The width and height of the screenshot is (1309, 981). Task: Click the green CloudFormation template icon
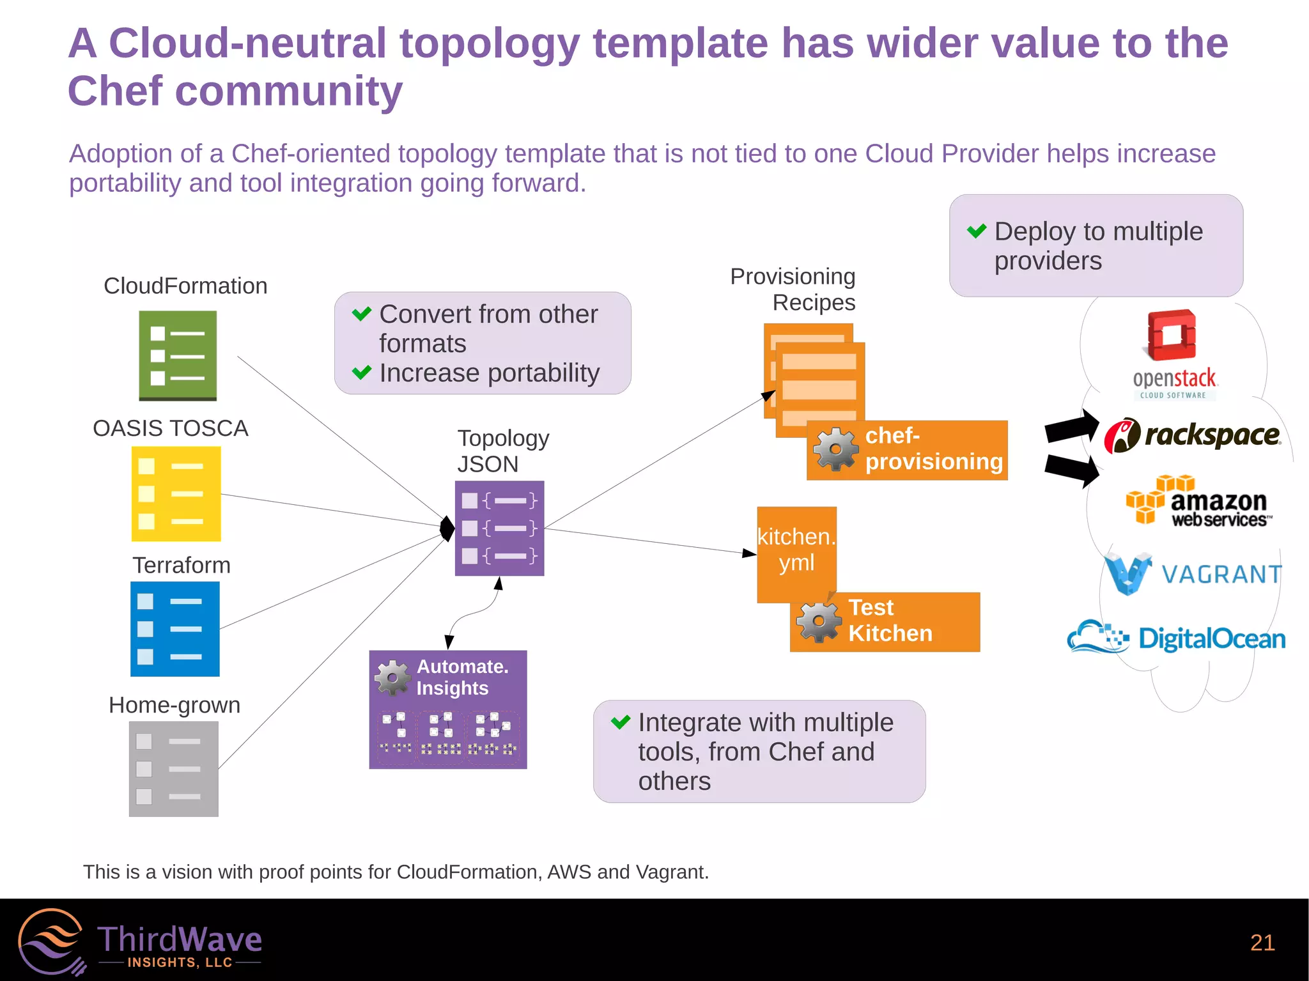(x=178, y=355)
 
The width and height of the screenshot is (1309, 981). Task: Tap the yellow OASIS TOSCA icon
(x=176, y=493)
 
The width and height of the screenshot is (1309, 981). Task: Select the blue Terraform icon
(x=174, y=629)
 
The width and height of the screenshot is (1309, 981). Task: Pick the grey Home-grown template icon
(x=173, y=769)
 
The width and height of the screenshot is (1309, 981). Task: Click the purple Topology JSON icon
(x=499, y=528)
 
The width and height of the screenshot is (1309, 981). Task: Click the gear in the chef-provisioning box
(x=835, y=449)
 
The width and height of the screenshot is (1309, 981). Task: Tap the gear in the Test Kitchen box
(x=818, y=621)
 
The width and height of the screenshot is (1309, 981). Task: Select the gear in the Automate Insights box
(x=392, y=677)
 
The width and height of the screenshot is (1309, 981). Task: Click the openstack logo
(x=1173, y=355)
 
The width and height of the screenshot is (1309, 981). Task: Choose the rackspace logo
(x=1192, y=435)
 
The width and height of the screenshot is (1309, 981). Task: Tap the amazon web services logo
(x=1198, y=501)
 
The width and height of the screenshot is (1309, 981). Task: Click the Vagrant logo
(x=1193, y=573)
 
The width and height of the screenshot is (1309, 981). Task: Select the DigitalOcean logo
(x=1176, y=637)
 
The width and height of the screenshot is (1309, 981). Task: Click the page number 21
(x=1262, y=943)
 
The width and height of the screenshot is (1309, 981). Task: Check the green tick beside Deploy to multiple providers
(x=977, y=231)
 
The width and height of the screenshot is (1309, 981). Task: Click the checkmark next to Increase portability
(x=362, y=372)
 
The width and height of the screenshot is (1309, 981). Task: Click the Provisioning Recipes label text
(x=793, y=289)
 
